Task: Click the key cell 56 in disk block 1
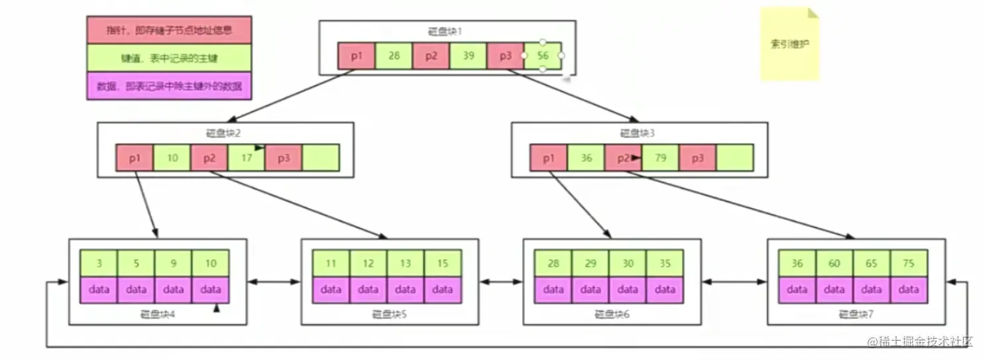(542, 56)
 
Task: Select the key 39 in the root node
(468, 56)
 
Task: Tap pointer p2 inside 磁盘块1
(431, 56)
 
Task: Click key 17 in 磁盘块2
(247, 158)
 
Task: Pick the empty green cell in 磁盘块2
(321, 158)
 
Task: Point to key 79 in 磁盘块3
(661, 158)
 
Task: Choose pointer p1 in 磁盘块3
(548, 158)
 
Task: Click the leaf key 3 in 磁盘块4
(99, 263)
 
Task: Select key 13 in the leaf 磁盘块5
(405, 263)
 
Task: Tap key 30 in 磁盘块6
(628, 263)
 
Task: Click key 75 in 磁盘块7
(908, 263)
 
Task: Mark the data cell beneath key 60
(834, 290)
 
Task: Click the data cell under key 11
(331, 290)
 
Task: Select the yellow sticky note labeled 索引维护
(789, 44)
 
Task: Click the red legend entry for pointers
(170, 30)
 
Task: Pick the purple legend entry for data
(170, 86)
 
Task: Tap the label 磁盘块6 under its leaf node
(612, 314)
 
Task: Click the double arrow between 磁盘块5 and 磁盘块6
(501, 282)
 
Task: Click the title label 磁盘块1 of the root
(445, 31)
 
